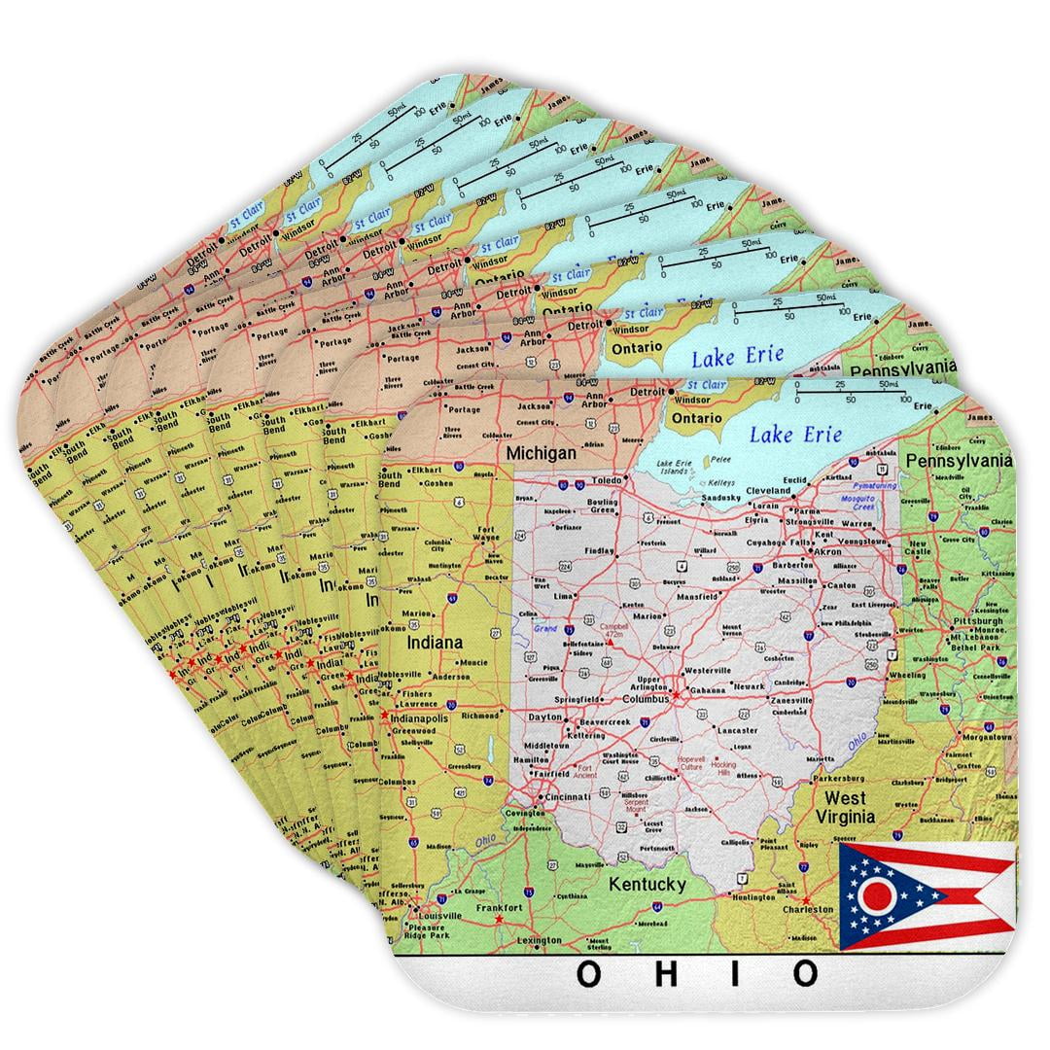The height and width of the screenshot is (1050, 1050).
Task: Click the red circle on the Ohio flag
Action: (x=877, y=894)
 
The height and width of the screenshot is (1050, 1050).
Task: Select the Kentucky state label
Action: (x=647, y=884)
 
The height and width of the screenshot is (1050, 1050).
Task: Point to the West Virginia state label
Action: (x=845, y=807)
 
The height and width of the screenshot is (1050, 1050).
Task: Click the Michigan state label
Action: (x=541, y=453)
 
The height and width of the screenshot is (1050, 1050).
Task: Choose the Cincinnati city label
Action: (x=567, y=797)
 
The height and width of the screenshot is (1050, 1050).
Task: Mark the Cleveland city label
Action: (x=768, y=491)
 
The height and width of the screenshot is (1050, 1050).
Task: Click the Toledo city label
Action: (x=607, y=480)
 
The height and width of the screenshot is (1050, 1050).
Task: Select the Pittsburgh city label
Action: (x=978, y=620)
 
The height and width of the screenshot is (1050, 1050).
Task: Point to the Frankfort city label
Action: (x=499, y=907)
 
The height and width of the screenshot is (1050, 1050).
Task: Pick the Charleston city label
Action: (x=809, y=909)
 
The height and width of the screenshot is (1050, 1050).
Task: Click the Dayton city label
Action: (x=545, y=717)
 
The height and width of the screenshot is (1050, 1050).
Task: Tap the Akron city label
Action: (x=827, y=551)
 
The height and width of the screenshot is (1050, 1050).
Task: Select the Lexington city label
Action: (x=540, y=940)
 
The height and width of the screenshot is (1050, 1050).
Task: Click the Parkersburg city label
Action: (x=838, y=778)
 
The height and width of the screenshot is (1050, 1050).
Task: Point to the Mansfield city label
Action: (x=696, y=595)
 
